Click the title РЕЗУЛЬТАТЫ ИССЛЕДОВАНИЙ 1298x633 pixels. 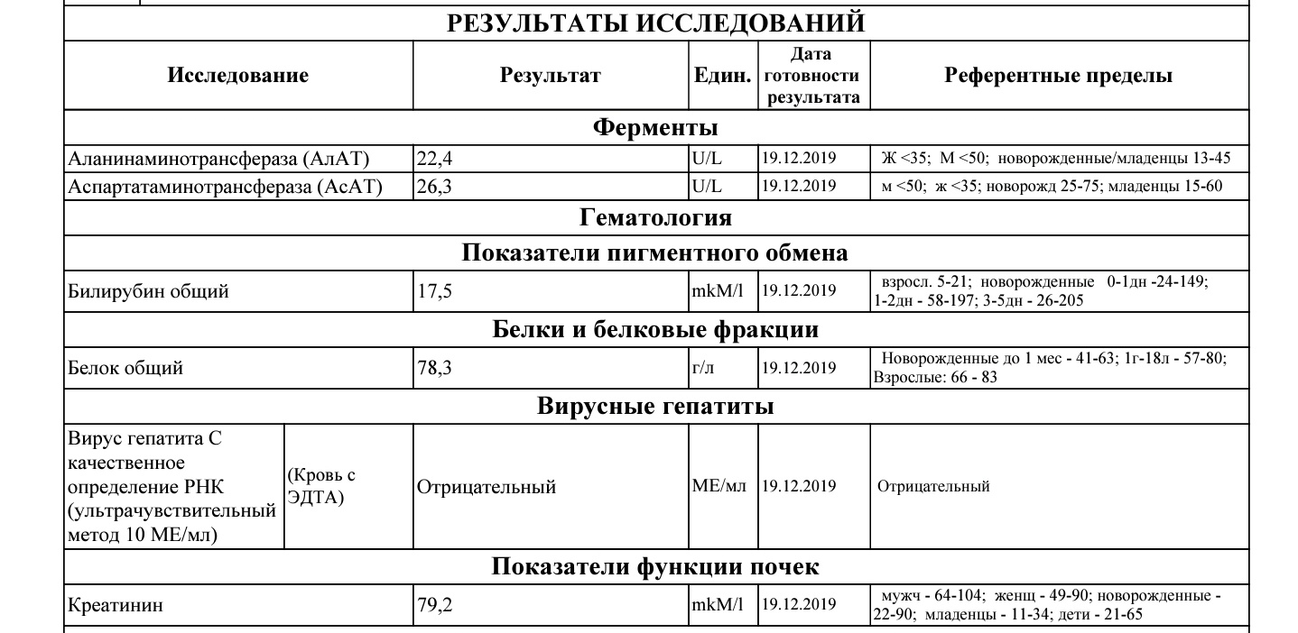coord(655,23)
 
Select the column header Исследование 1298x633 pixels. coord(237,76)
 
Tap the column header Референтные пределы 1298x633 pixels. coord(1058,76)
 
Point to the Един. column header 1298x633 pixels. coord(722,76)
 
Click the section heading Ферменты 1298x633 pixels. coord(655,127)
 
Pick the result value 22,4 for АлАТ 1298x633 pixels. coord(433,160)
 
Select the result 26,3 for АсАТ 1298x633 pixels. coord(433,187)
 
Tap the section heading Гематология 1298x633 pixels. coord(655,217)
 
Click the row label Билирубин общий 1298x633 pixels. coord(149,291)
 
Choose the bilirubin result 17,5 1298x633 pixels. coord(433,291)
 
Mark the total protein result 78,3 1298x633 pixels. coord(433,368)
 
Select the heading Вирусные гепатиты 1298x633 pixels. coord(655,407)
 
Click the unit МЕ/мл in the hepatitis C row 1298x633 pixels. coord(719,486)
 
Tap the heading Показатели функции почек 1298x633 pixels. coord(655,567)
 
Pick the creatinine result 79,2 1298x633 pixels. coord(433,605)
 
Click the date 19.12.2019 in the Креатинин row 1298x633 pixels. coord(799,605)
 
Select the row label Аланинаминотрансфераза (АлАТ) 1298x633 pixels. coord(219,160)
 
